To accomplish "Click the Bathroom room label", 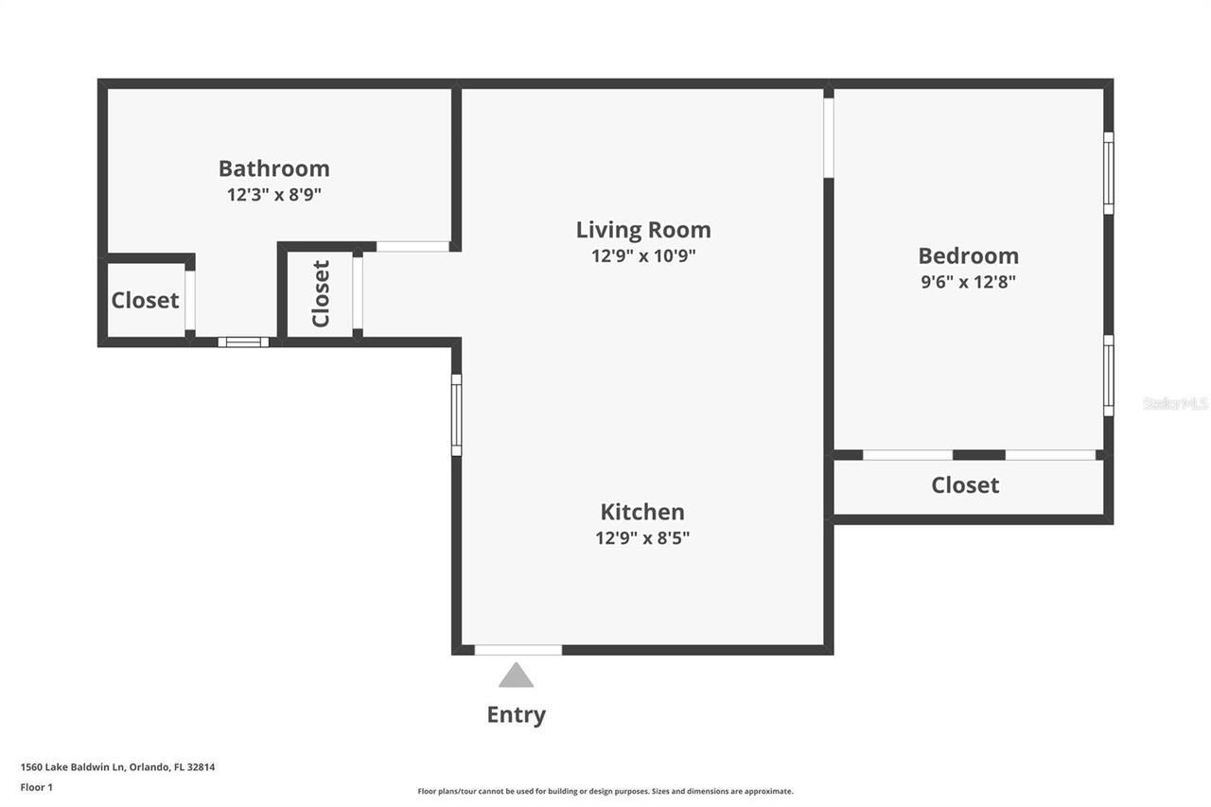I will tap(273, 168).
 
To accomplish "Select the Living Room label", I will tap(643, 230).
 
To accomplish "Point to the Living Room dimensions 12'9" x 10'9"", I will tap(643, 256).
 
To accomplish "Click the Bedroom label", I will tap(968, 255).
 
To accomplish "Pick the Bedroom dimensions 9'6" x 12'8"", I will tap(968, 282).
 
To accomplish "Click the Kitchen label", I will tap(642, 512).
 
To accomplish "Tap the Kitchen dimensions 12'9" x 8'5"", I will tap(642, 538).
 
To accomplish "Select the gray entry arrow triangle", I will tap(516, 675).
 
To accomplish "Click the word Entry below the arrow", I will tap(516, 714).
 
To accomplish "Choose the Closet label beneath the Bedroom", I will tap(965, 485).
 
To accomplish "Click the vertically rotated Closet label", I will tap(321, 293).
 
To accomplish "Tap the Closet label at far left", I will tap(145, 301).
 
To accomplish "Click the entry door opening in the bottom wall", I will tap(518, 650).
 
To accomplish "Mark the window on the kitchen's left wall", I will tap(456, 414).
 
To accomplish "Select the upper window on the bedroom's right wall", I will tap(1108, 172).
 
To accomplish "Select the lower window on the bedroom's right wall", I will tap(1108, 375).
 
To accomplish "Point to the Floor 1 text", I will tap(36, 787).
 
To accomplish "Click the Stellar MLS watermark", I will tap(1175, 403).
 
